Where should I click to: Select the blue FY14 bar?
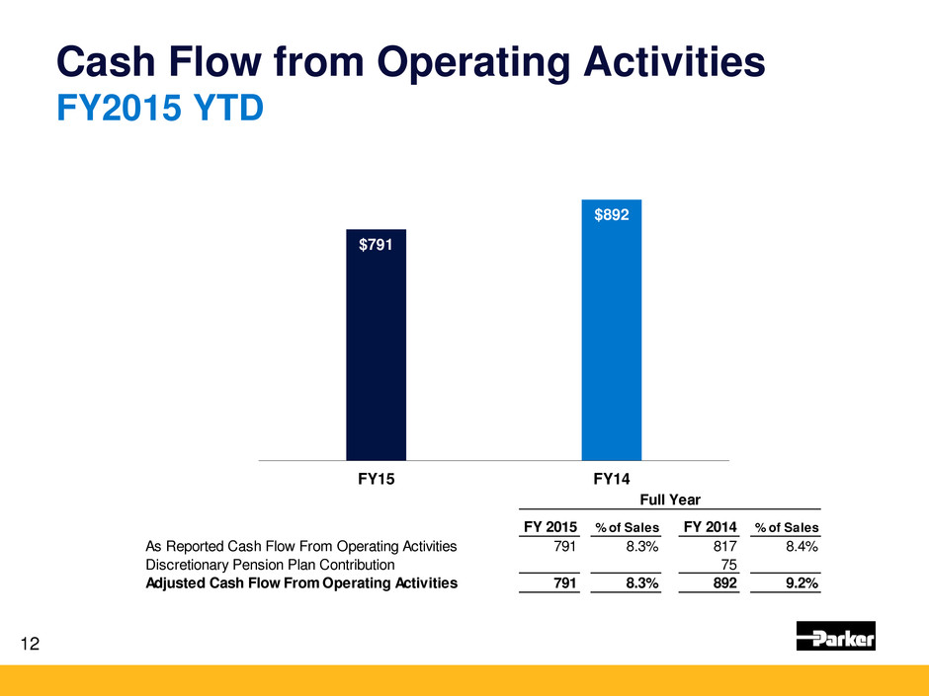pyautogui.click(x=611, y=336)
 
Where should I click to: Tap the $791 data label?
pyautogui.click(x=376, y=245)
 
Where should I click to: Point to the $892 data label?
pyautogui.click(x=611, y=214)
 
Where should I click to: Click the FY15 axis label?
pyautogui.click(x=376, y=479)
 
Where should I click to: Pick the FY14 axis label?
pyautogui.click(x=612, y=479)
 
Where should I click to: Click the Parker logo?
pyautogui.click(x=835, y=636)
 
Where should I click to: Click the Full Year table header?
pyautogui.click(x=670, y=502)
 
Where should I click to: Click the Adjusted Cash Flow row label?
pyautogui.click(x=301, y=583)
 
